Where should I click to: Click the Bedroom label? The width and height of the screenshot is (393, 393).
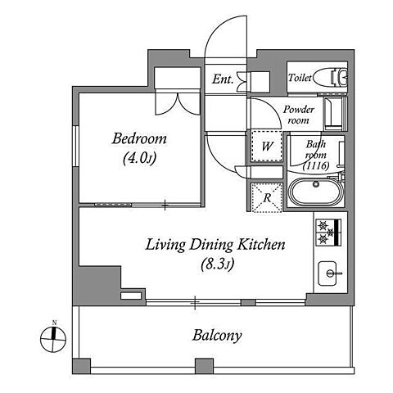(139, 138)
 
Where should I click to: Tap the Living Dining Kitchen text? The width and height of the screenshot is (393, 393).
(215, 245)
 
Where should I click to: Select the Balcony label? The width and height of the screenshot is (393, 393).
(217, 336)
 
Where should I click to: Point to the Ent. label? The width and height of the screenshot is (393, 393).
(223, 79)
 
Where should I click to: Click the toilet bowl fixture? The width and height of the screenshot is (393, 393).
(330, 77)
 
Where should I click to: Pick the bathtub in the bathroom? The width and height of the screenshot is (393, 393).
(316, 192)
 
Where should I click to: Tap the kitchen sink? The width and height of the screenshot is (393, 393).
(327, 273)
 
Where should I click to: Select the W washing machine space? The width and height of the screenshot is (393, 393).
(267, 147)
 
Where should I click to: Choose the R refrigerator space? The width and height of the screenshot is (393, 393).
(267, 197)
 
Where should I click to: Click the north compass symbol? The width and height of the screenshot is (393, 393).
(53, 338)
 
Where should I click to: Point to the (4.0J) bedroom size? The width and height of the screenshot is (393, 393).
(139, 158)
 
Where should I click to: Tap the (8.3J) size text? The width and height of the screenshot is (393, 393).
(218, 264)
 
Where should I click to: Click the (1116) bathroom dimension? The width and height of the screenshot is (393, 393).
(316, 165)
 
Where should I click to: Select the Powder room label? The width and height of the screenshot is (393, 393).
(298, 115)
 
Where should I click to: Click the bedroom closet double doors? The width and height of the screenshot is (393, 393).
(178, 104)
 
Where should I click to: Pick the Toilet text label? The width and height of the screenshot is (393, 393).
(300, 78)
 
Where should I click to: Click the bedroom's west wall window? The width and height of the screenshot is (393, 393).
(75, 146)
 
